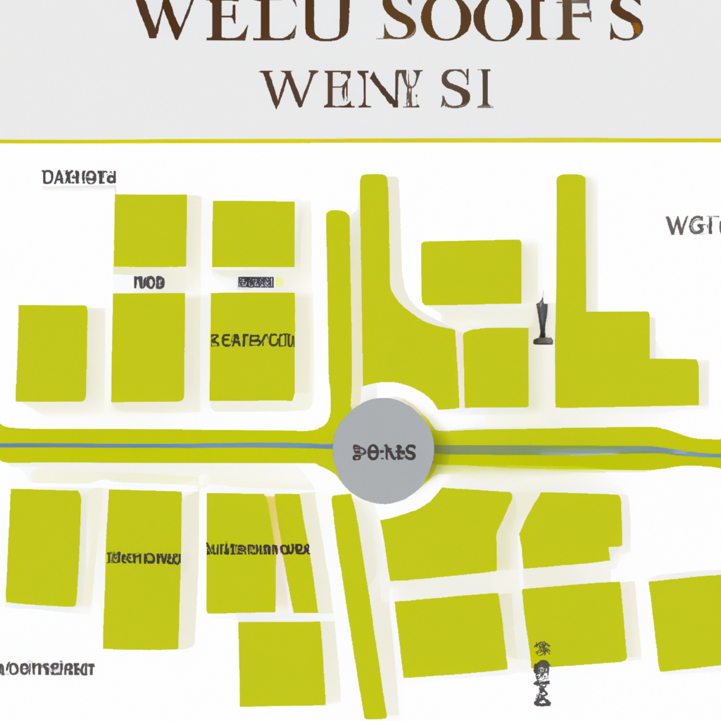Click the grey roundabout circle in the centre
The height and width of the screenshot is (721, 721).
click(x=384, y=451)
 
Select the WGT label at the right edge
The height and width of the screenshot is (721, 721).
click(x=694, y=226)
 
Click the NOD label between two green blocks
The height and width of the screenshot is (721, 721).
click(x=149, y=283)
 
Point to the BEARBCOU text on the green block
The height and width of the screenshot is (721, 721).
click(x=253, y=342)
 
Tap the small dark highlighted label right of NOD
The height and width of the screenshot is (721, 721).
click(x=256, y=283)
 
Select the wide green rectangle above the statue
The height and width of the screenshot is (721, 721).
click(x=471, y=272)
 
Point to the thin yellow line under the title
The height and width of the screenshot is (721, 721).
click(x=360, y=141)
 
